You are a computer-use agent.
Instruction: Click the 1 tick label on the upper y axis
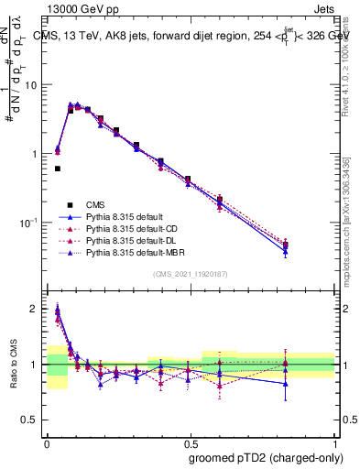click(37, 154)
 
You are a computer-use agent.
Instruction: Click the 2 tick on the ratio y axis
click(37, 310)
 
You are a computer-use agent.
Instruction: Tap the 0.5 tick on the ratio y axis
click(33, 420)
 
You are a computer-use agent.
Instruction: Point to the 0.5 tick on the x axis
click(191, 439)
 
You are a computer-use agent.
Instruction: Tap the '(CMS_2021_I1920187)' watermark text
click(191, 274)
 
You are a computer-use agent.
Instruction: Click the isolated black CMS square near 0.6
click(57, 169)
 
